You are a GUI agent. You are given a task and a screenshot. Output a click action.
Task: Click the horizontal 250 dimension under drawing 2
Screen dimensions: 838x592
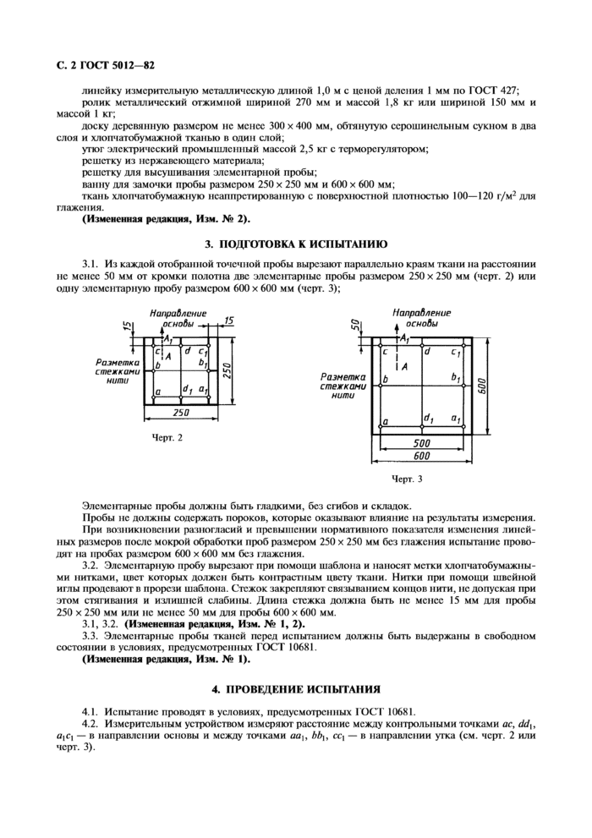180,412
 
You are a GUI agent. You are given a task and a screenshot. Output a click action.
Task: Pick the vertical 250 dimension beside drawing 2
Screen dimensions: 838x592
227,370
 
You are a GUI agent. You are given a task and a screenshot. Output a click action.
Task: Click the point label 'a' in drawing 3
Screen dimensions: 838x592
386,420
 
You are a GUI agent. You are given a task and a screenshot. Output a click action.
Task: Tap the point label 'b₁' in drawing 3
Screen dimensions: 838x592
455,376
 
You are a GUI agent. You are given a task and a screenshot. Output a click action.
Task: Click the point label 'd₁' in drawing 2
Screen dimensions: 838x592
184,389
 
